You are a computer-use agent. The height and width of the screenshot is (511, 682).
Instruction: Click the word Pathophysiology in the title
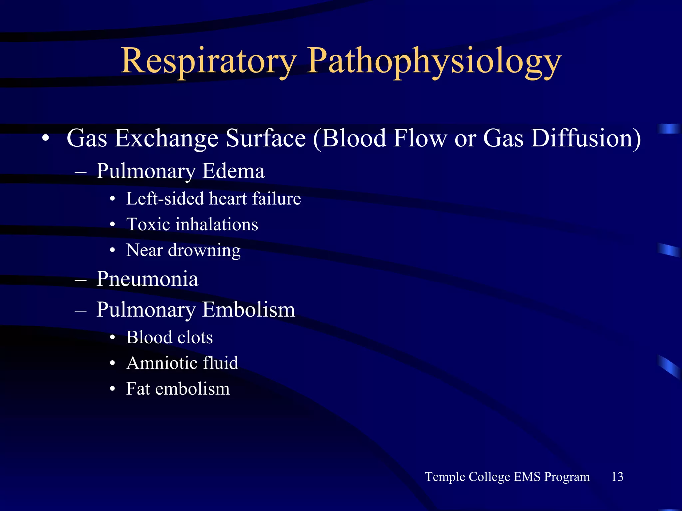coord(434,61)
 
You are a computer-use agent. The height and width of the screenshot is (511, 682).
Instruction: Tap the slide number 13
coord(617,477)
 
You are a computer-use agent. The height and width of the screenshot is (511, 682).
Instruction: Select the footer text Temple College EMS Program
coord(507,477)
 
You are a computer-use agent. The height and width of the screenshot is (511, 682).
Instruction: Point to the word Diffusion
coord(585,138)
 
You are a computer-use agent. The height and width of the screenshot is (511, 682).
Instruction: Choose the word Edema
coord(233,171)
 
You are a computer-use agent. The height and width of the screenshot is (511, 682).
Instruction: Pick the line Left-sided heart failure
coord(213,199)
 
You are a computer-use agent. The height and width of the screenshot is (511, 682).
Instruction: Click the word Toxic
coord(146,224)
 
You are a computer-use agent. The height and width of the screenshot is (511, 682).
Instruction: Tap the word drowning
coord(204,250)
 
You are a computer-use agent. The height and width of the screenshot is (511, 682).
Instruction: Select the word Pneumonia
coord(147,278)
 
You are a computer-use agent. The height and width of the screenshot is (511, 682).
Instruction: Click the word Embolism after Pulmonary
coord(248,309)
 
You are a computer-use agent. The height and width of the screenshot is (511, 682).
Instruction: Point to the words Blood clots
coord(169,337)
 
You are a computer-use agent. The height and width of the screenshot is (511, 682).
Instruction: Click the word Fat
coord(138,389)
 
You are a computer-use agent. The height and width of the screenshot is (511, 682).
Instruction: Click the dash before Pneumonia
coord(81,279)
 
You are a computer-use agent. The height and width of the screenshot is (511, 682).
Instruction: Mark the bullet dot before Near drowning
coord(113,251)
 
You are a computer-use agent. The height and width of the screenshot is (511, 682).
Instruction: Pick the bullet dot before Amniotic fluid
coord(113,363)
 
